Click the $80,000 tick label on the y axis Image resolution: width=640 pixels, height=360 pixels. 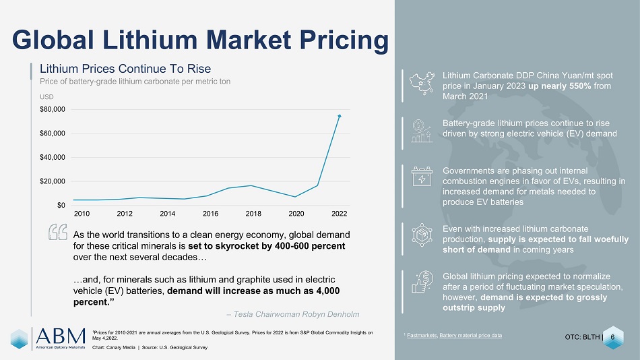(53, 109)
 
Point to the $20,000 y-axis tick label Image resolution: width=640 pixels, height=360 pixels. (53, 181)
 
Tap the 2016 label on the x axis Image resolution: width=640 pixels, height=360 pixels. (211, 213)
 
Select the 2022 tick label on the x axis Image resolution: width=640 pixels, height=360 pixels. (339, 213)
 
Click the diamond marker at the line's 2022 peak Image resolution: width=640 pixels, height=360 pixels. (339, 116)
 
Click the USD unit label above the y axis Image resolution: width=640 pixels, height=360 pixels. (46, 97)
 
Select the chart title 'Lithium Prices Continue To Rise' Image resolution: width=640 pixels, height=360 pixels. (125, 69)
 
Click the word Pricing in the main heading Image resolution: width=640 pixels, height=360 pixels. (344, 40)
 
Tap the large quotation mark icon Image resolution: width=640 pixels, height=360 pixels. (58, 232)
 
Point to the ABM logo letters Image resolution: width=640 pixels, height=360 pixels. (61, 336)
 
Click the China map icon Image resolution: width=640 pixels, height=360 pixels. (422, 84)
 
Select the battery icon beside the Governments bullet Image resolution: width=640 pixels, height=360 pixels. (422, 176)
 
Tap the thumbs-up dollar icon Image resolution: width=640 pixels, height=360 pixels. (422, 282)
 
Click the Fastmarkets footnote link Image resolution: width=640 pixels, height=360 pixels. (422, 336)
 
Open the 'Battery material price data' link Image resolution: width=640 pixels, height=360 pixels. (471, 336)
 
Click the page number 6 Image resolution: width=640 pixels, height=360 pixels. (612, 337)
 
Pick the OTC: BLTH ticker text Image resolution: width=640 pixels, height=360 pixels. (583, 337)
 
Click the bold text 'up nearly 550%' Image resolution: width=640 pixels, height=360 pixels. (560, 86)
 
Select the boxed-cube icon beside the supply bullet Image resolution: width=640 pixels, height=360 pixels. (422, 235)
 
